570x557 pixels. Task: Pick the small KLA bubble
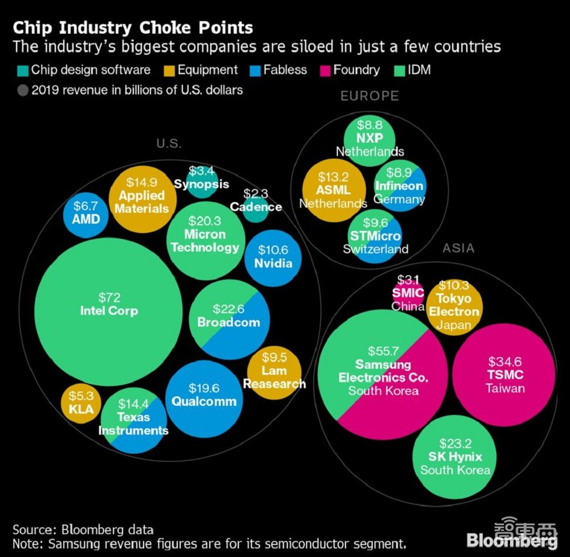pyautogui.click(x=81, y=403)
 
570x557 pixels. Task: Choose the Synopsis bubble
pyautogui.click(x=201, y=181)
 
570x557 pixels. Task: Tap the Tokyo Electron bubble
pyautogui.click(x=454, y=305)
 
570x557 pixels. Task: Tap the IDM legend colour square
pyautogui.click(x=400, y=71)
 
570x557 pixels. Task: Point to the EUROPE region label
pyautogui.click(x=369, y=96)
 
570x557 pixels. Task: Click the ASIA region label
pyautogui.click(x=458, y=248)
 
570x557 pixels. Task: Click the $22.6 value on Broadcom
pyautogui.click(x=229, y=309)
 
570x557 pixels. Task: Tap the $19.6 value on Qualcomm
pyautogui.click(x=203, y=389)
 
